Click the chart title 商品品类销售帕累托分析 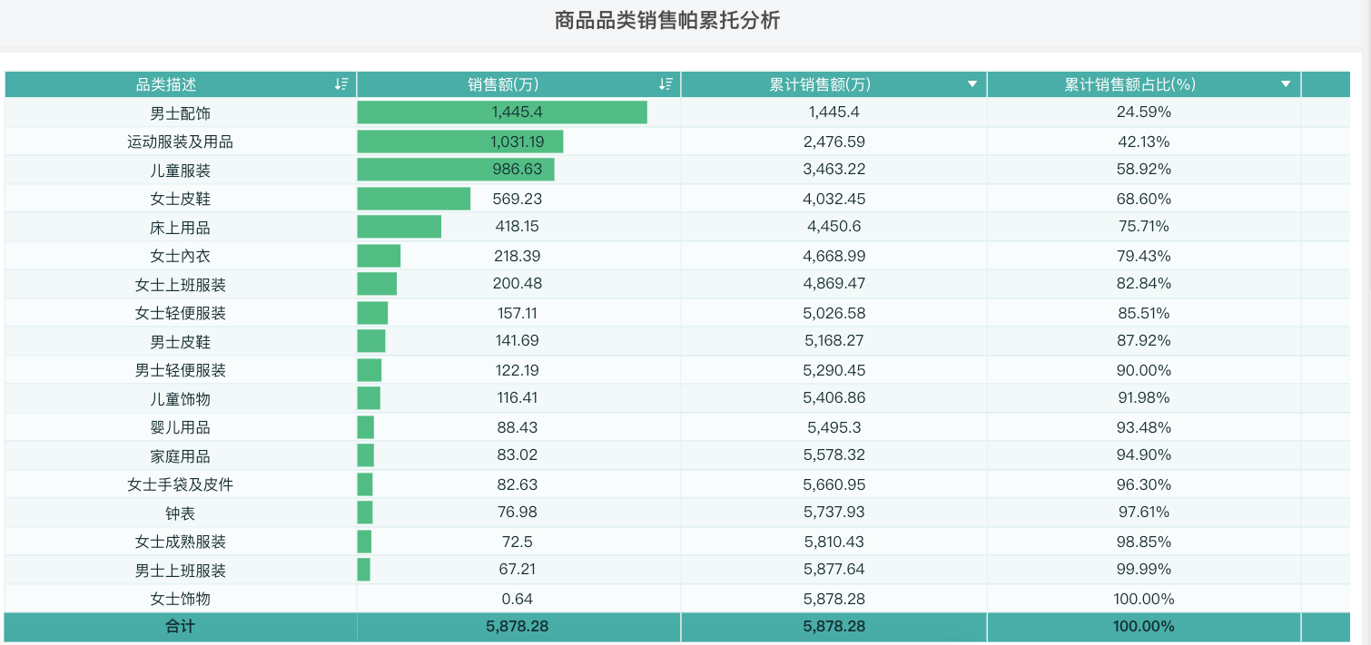click(x=667, y=21)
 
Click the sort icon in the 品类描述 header click(x=341, y=84)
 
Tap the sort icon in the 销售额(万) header click(x=666, y=84)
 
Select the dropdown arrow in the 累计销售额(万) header click(x=972, y=84)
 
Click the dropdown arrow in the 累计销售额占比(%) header click(x=1286, y=84)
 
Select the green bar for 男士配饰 click(x=501, y=112)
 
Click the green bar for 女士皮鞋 click(x=413, y=199)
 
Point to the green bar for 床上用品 click(x=399, y=227)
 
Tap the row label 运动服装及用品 click(x=180, y=142)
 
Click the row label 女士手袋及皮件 click(x=180, y=484)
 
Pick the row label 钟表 click(x=180, y=513)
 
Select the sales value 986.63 click(x=517, y=170)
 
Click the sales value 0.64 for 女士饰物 click(x=517, y=599)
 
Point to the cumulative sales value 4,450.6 click(x=833, y=227)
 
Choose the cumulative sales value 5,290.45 click(x=833, y=370)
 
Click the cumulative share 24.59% click(x=1143, y=112)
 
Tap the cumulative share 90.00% click(x=1143, y=370)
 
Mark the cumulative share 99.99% click(x=1143, y=571)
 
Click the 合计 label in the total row click(x=180, y=627)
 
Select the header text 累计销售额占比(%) click(x=1130, y=84)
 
